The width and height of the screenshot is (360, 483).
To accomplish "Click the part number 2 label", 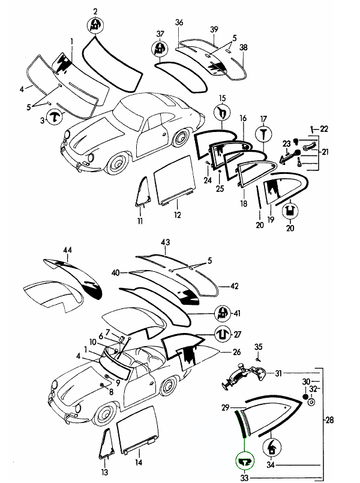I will coord(95,11).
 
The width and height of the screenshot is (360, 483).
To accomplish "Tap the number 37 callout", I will coord(160,34).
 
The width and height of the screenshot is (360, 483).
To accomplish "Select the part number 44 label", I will coord(67,250).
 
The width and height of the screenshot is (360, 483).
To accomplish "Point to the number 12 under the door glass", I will coord(178,214).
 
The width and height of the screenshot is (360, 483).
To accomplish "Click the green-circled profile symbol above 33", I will coord(245,460).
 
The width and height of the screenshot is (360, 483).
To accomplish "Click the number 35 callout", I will coord(259,347).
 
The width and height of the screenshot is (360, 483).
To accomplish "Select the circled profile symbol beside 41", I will coord(222,312).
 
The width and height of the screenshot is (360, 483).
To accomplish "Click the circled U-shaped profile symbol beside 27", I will coord(221,334).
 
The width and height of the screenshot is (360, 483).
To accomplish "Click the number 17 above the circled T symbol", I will coord(262,119).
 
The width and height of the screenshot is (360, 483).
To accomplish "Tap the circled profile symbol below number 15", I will coord(221,113).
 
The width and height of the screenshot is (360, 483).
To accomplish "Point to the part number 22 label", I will coord(324,129).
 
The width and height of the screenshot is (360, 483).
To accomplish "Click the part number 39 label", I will coord(214,30).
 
